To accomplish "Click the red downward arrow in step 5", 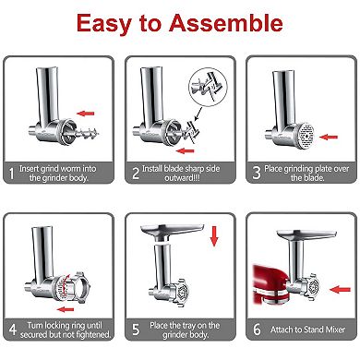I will coord(213,237).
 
